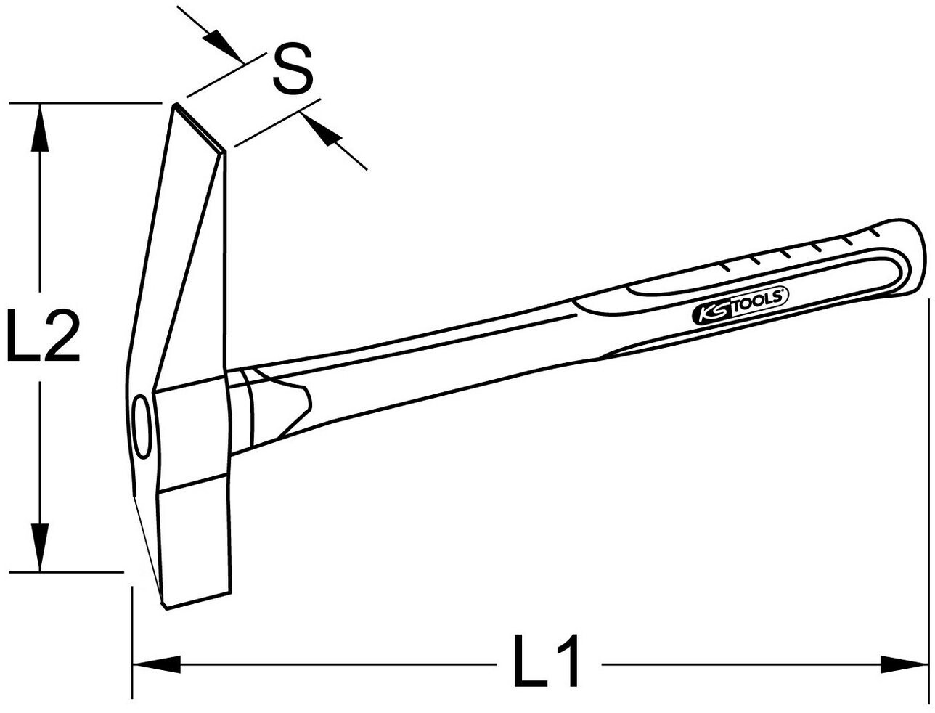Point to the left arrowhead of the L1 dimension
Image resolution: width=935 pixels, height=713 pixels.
click(x=156, y=663)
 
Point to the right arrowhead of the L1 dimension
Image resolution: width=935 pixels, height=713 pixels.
click(x=904, y=663)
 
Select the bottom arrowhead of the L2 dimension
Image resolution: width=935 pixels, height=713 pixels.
click(x=41, y=545)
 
